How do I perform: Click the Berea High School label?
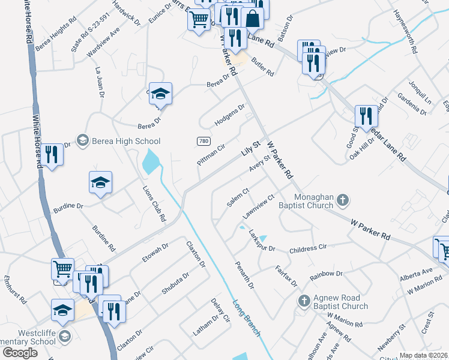click(x=125, y=141)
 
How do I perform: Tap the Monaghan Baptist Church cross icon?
click(x=342, y=200)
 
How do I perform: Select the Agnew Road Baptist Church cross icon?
click(x=304, y=300)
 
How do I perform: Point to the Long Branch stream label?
click(x=247, y=317)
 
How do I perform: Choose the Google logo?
click(x=20, y=353)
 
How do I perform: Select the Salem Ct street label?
click(x=238, y=197)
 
